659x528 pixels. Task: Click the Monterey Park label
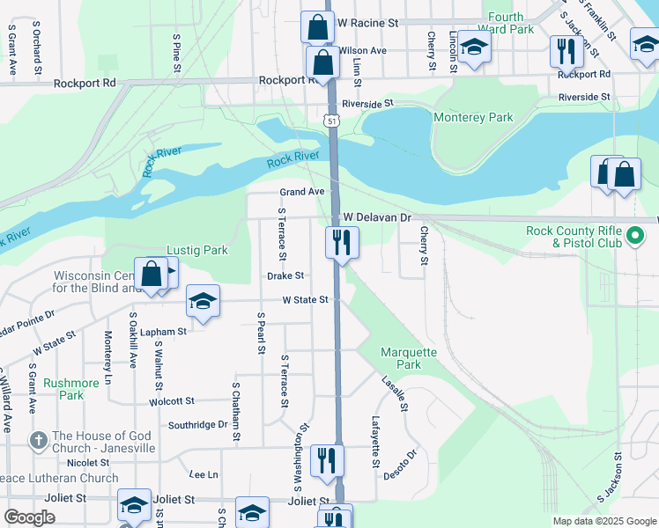tap(473, 117)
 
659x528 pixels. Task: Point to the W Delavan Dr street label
tap(377, 216)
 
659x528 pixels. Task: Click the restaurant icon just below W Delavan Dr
tap(342, 242)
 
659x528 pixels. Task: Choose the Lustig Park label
tap(198, 250)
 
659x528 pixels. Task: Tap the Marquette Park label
tap(408, 357)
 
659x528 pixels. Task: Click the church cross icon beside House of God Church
tap(37, 439)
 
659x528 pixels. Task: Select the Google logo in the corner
tap(29, 517)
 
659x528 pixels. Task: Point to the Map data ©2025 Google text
tap(603, 521)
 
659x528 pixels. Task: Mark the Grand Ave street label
tap(302, 192)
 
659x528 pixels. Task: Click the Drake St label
tap(285, 276)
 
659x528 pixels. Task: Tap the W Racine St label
tap(368, 22)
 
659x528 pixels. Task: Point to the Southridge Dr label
tap(198, 424)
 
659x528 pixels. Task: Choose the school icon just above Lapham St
tap(203, 303)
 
